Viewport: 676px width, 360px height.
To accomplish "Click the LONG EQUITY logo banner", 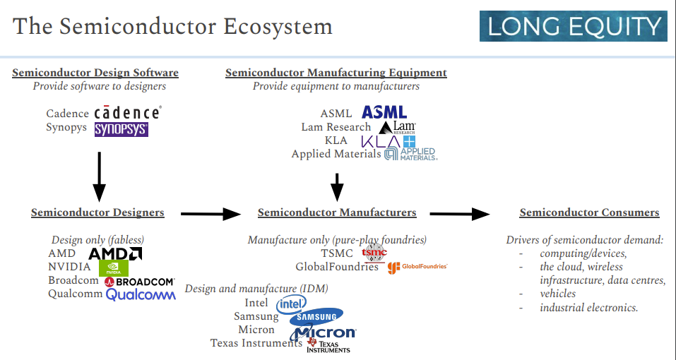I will [x=573, y=26].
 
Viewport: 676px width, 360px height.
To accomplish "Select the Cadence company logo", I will [x=127, y=112].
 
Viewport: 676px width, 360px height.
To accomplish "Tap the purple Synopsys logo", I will [x=121, y=129].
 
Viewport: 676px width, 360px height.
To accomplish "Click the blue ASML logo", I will [x=384, y=112].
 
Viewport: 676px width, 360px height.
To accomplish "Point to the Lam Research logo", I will [x=397, y=127].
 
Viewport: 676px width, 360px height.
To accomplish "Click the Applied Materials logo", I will [x=410, y=153].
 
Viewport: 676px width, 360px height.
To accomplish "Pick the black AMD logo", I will [x=115, y=253].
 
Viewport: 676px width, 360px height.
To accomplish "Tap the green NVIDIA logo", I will [x=113, y=268].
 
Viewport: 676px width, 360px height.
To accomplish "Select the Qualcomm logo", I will [x=141, y=294].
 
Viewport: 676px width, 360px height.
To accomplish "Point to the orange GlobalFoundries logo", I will [x=417, y=267].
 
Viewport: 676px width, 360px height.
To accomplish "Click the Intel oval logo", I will [x=291, y=304].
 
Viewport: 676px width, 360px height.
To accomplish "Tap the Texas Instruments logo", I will [x=328, y=344].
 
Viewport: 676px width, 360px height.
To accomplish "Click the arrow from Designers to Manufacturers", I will [x=211, y=213].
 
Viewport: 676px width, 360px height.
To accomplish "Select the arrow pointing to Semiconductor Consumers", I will [x=460, y=213].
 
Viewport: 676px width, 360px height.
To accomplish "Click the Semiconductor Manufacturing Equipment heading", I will [x=336, y=73].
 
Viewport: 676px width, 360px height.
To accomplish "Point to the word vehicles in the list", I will [x=557, y=294].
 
